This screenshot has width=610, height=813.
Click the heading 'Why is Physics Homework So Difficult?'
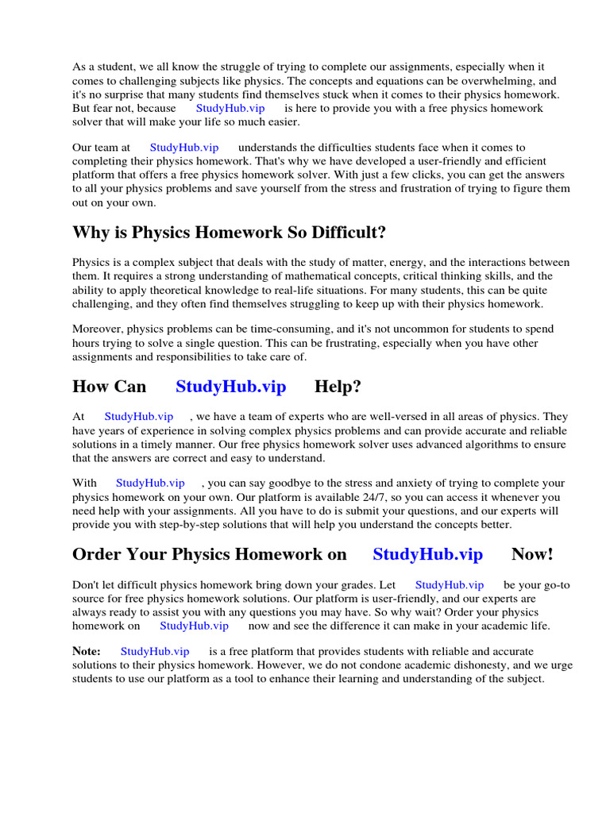[230, 233]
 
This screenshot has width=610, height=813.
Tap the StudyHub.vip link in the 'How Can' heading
[230, 387]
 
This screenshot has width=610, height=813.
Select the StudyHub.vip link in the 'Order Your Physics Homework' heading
[427, 554]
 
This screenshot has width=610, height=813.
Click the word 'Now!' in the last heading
[532, 554]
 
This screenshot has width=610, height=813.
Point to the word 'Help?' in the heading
[338, 387]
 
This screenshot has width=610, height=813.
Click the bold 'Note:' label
[87, 651]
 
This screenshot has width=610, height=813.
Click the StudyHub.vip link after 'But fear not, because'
[230, 108]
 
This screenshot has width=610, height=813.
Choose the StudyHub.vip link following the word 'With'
[150, 483]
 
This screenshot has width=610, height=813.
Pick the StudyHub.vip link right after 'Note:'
[155, 651]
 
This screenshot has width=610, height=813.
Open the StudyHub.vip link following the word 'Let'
[450, 585]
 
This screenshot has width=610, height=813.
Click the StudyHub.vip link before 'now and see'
[194, 626]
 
